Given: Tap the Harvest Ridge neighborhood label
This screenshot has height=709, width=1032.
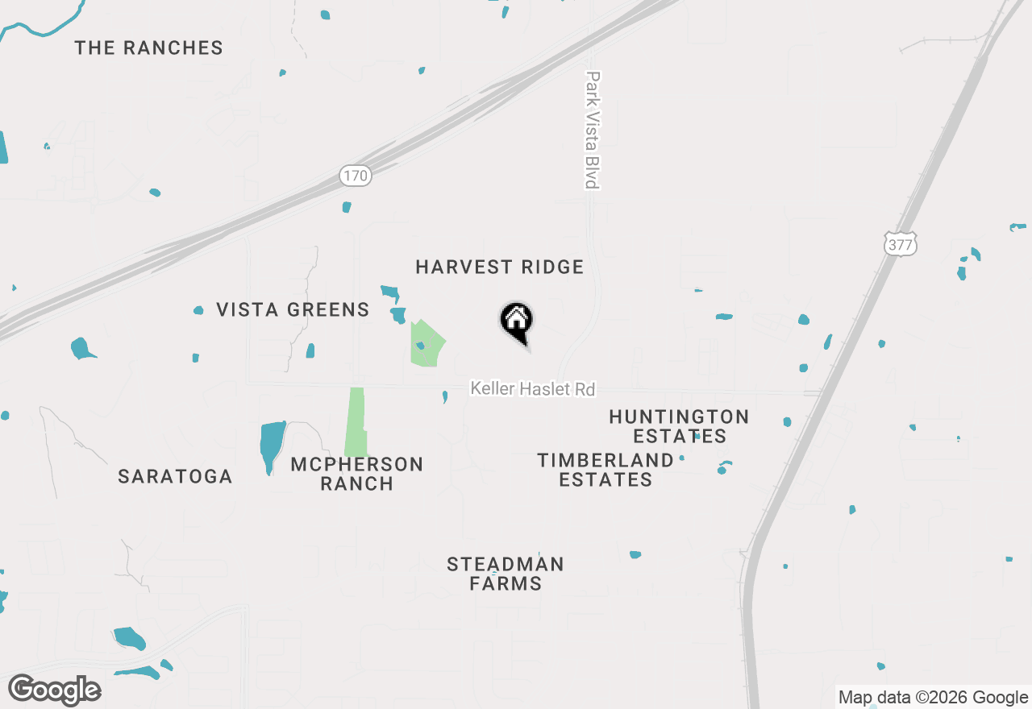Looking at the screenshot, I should [x=499, y=267].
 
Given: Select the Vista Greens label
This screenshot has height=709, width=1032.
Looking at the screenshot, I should [x=293, y=309].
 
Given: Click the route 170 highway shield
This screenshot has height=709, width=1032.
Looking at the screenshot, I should [x=355, y=175].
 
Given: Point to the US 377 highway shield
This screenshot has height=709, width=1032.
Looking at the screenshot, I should [x=900, y=244].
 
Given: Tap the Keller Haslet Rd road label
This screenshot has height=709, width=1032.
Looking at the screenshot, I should [x=533, y=389].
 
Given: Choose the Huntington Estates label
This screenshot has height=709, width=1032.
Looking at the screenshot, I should [x=679, y=426].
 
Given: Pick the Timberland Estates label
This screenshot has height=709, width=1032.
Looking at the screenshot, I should [x=605, y=470].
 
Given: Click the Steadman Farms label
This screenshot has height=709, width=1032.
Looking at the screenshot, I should [x=506, y=574].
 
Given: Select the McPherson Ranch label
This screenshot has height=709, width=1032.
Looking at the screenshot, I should [x=357, y=474].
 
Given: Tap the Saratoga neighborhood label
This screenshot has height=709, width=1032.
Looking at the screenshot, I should [x=175, y=476].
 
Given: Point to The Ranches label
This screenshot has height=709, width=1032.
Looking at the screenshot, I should [x=149, y=48].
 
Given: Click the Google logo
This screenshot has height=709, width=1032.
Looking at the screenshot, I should [x=54, y=690].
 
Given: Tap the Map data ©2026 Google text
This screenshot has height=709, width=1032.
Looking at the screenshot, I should [x=933, y=698].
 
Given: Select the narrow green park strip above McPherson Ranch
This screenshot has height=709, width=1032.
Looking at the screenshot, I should [x=355, y=422].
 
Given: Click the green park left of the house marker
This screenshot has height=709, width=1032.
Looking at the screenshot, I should [x=426, y=345].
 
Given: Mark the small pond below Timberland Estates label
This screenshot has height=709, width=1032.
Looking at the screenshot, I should [x=635, y=554].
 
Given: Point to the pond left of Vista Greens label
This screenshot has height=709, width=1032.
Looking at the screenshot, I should [x=198, y=310].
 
